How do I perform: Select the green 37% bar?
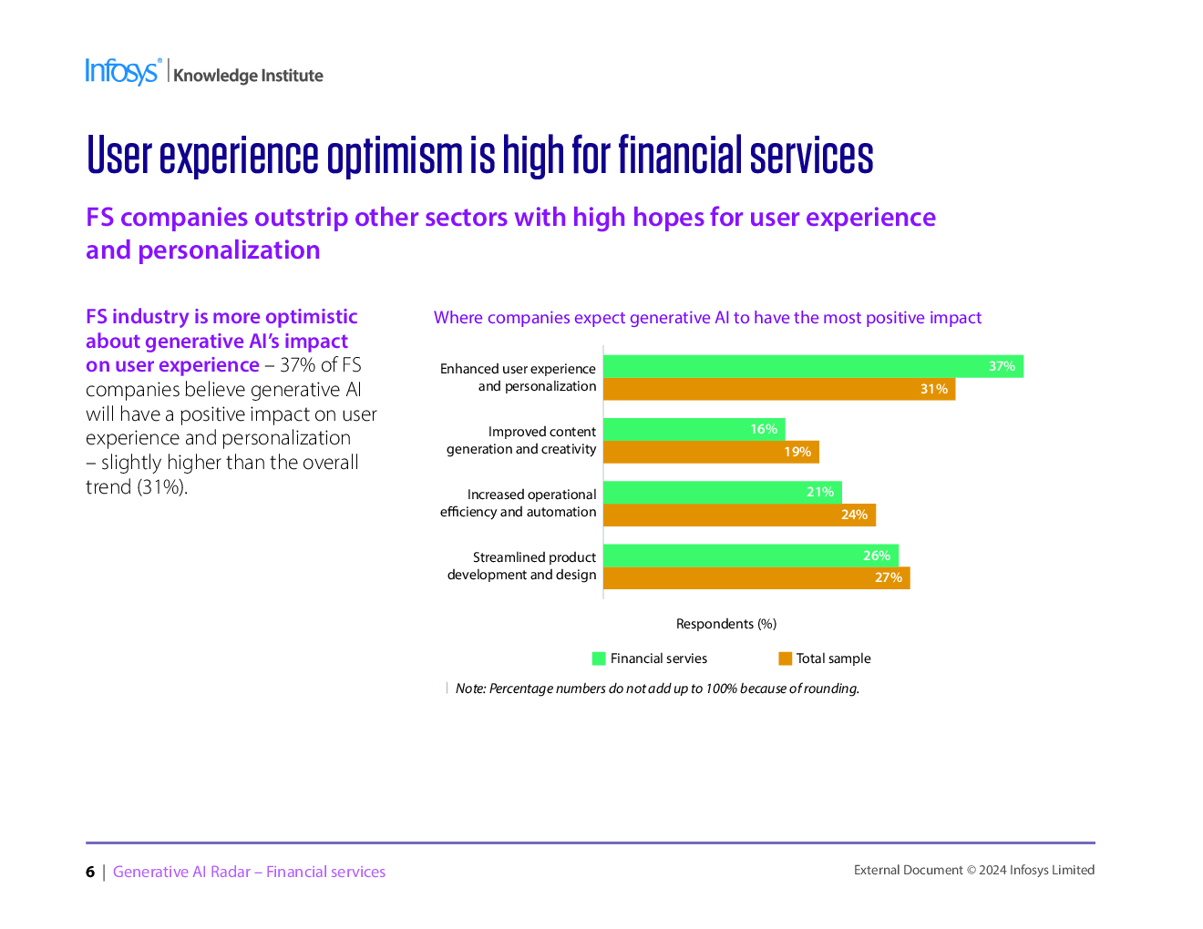point(813,366)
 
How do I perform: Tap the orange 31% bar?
point(779,389)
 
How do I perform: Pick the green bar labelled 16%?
point(694,429)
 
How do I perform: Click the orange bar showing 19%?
point(711,452)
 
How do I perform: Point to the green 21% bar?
point(722,492)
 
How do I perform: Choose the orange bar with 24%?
point(739,515)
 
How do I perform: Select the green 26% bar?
point(751,556)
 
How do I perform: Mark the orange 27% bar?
point(756,577)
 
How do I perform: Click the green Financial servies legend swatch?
point(599,658)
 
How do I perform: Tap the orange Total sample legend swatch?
point(785,658)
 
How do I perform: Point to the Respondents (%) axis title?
point(726,624)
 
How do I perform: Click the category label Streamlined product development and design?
point(522,566)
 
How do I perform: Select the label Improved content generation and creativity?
point(522,440)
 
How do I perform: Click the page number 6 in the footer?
point(90,873)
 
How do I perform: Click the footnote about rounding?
point(657,689)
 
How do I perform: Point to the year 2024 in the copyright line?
point(992,870)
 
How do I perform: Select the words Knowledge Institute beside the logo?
point(248,76)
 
